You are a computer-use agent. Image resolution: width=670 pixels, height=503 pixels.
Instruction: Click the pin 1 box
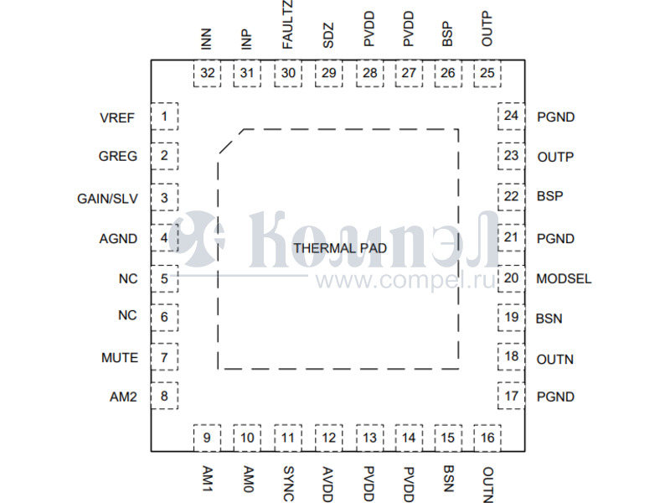(165, 117)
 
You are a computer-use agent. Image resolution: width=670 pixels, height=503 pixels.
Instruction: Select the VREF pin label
(116, 117)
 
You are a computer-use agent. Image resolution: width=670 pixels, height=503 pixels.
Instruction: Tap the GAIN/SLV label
(107, 199)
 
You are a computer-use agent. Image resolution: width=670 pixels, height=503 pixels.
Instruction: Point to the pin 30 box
(288, 73)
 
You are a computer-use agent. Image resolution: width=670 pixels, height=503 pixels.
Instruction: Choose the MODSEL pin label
(564, 278)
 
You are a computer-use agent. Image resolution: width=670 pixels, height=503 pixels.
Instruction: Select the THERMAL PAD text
(340, 248)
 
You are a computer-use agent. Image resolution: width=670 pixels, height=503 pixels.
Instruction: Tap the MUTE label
(119, 358)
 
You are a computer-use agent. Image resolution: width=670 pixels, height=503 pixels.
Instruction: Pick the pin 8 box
(165, 397)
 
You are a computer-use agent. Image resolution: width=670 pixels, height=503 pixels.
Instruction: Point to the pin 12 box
(328, 438)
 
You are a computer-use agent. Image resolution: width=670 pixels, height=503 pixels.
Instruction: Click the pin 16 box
(487, 438)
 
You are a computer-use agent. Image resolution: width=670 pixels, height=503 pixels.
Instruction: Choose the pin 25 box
(487, 73)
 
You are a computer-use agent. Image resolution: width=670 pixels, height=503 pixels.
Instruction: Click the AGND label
(118, 239)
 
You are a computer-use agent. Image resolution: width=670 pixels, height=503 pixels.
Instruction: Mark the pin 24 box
(511, 117)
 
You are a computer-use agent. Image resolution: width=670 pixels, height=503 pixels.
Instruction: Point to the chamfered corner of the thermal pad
(229, 142)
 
